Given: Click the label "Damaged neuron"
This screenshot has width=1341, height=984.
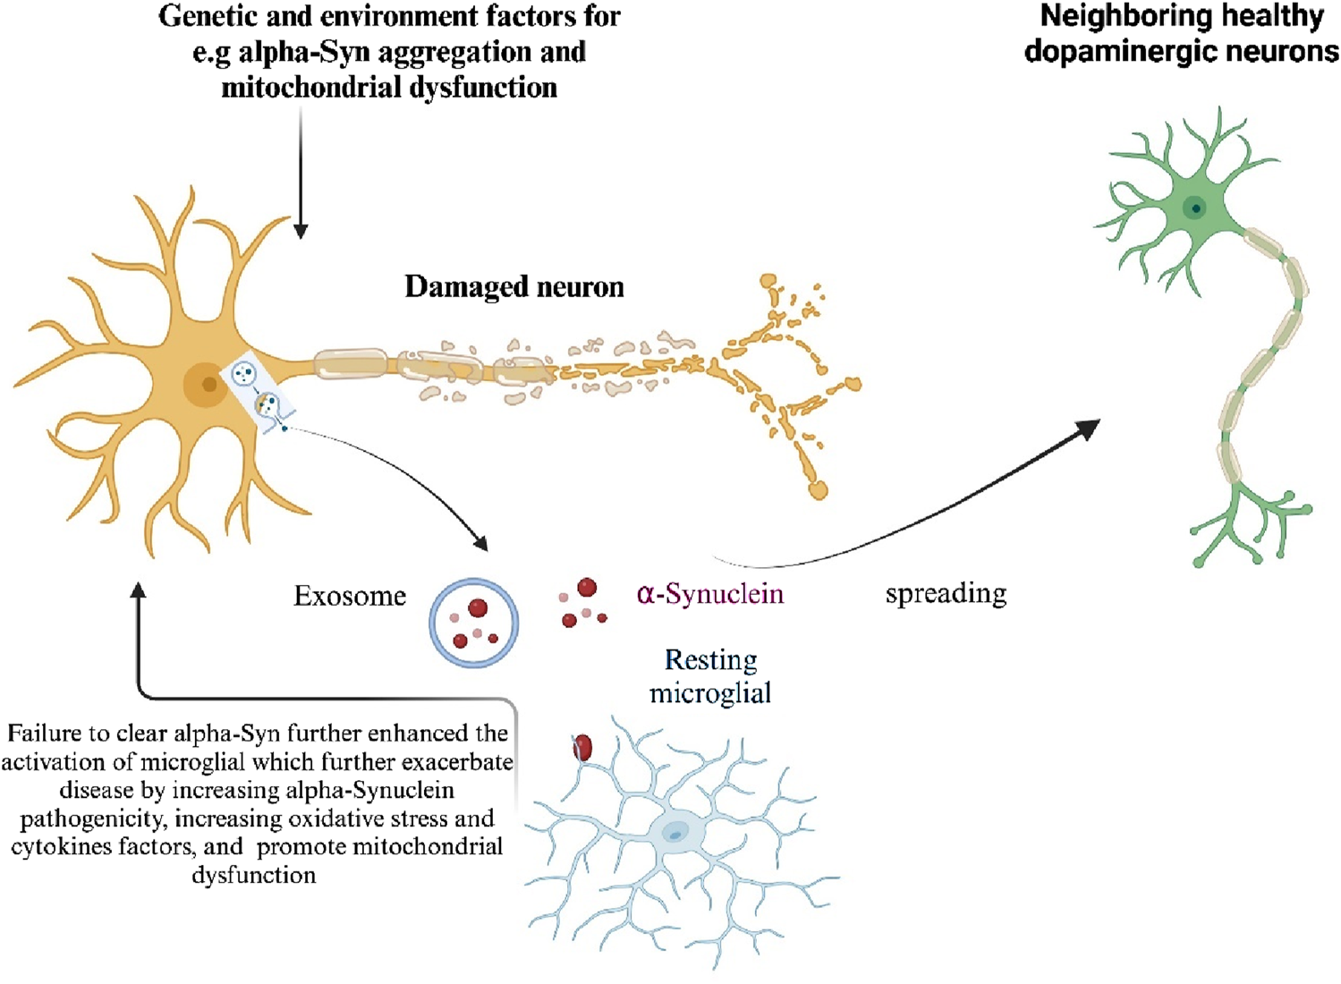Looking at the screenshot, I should (514, 287).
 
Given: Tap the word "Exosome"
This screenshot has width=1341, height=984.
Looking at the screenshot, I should (350, 597).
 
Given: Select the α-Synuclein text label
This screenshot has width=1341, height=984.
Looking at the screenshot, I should (710, 594).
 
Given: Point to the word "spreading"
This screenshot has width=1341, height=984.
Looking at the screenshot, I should (946, 594).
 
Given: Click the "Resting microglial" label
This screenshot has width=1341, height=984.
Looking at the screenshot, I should (710, 676).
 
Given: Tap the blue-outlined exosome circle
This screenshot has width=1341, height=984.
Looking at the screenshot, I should (473, 623).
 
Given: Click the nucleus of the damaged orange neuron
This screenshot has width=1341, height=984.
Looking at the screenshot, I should (208, 385).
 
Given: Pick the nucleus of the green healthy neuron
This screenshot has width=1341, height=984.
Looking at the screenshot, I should (1194, 208).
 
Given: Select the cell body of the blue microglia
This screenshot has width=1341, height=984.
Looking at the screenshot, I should (675, 833).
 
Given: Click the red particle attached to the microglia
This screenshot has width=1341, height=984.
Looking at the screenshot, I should (582, 747).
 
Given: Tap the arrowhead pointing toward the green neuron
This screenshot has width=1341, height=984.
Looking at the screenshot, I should (1088, 429).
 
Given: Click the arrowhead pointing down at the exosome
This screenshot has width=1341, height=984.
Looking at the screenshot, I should (481, 543).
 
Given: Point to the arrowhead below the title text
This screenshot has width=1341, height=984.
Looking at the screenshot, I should (301, 231).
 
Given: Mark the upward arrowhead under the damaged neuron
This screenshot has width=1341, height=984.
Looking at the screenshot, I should (138, 591).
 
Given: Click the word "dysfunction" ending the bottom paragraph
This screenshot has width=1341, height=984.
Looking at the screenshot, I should (253, 875).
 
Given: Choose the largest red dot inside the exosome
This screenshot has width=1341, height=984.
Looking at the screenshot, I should (478, 608).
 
